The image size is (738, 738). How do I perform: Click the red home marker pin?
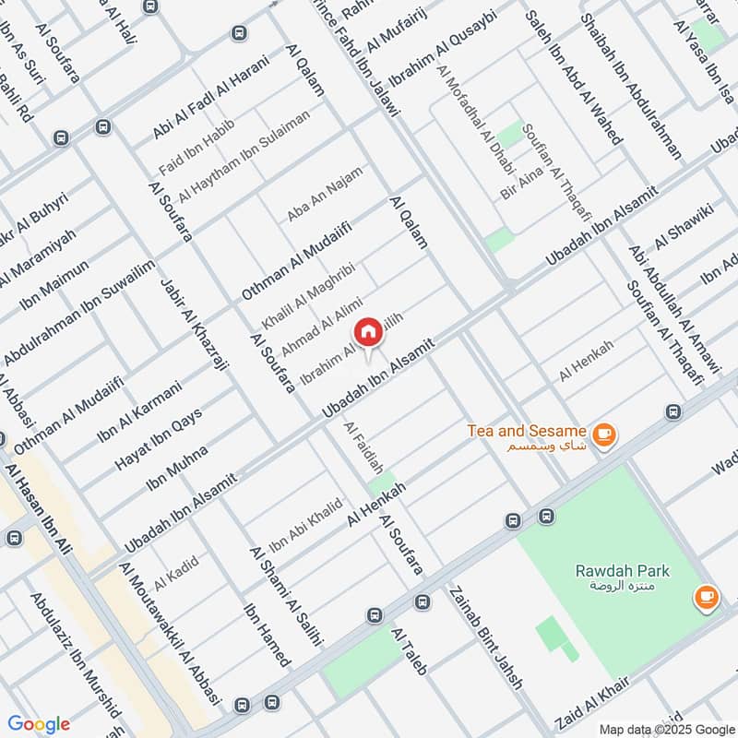tap(367, 333)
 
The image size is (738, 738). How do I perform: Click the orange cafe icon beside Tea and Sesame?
tap(604, 434)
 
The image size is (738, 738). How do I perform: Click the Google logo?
tap(38, 723)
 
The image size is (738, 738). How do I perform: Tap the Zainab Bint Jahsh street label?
tap(485, 637)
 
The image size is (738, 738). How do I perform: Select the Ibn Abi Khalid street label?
tap(305, 524)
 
